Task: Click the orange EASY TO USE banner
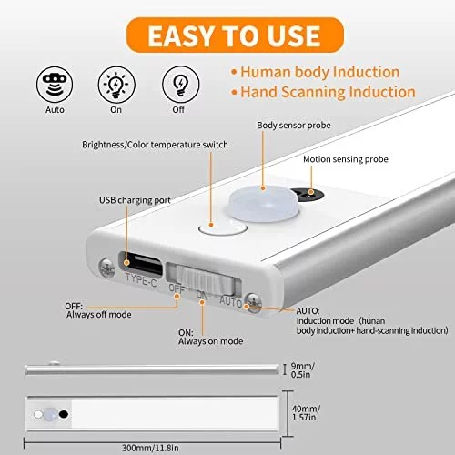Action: [235, 35]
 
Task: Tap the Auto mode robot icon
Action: [55, 85]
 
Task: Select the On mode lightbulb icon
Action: [116, 85]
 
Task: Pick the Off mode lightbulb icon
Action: [181, 85]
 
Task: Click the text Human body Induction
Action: [320, 72]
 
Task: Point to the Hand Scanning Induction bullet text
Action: [328, 92]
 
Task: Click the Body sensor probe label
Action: [294, 126]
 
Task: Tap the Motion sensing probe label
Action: [346, 159]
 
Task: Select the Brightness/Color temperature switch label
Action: [155, 145]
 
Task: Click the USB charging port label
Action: [135, 200]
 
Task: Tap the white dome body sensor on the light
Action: [263, 203]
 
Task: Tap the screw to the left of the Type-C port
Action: [106, 268]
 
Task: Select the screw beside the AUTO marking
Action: [254, 302]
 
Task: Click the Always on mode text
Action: [211, 341]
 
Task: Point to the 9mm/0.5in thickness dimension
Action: [302, 370]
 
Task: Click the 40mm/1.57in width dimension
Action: [306, 413]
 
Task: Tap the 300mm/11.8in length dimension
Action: [150, 448]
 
